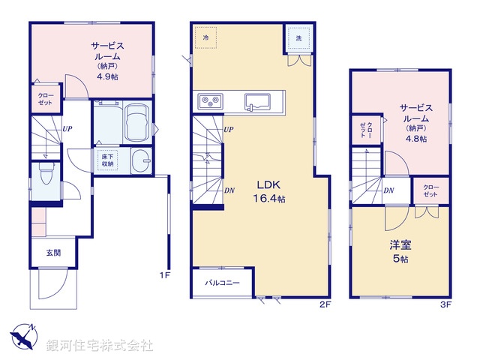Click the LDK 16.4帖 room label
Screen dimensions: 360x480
[272, 192]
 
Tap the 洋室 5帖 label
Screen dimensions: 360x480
[398, 251]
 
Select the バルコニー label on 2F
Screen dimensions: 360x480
[223, 283]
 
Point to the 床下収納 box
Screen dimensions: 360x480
[107, 160]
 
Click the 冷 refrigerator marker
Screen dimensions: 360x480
[205, 36]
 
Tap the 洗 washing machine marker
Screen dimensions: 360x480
[298, 37]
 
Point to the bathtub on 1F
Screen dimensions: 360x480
[138, 122]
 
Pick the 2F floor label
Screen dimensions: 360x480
[324, 303]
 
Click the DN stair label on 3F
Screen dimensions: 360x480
[388, 190]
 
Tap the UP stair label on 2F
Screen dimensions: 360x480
[229, 129]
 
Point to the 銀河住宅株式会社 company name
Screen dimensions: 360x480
[100, 345]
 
